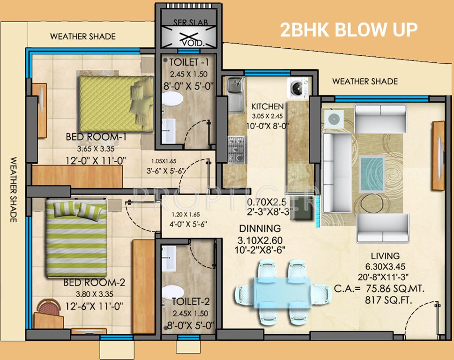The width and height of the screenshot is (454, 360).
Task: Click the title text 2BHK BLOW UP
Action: (x=349, y=30)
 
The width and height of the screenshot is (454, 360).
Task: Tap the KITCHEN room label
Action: (x=267, y=106)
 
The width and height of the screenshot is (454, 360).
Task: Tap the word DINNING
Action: (x=260, y=229)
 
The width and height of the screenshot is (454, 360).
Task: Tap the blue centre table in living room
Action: (x=372, y=171)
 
